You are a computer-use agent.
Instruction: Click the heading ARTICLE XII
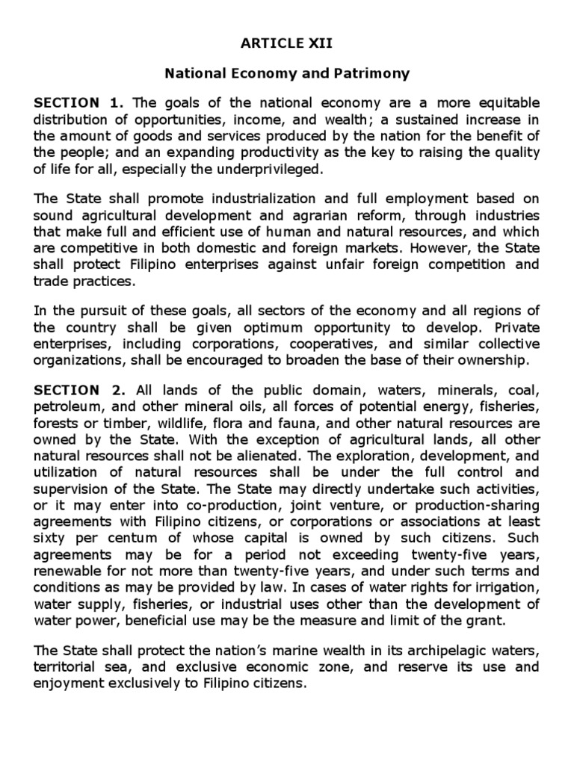(286, 44)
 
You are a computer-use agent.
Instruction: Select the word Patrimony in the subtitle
(373, 74)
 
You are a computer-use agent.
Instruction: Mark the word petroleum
(63, 407)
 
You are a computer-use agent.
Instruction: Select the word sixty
(48, 539)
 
